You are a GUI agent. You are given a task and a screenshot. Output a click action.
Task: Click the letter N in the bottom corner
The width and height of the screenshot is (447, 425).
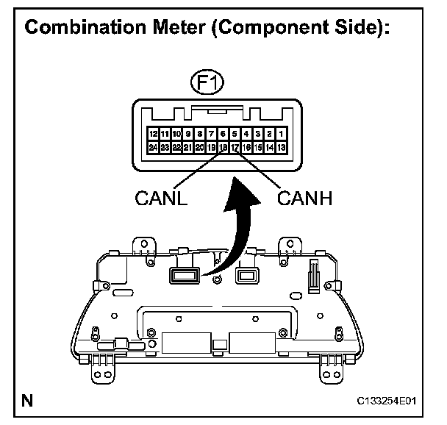[x=27, y=401]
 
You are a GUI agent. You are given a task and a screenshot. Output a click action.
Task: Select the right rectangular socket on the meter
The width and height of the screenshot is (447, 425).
[x=245, y=275]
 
